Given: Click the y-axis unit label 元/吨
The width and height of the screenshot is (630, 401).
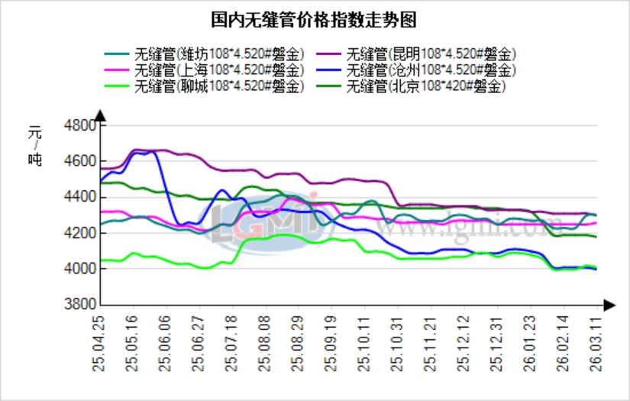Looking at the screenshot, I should tap(35, 147).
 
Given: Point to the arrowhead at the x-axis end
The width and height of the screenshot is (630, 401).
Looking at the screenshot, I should tap(609, 305).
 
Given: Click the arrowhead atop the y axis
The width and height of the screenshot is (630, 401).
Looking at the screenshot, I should tap(100, 115).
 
